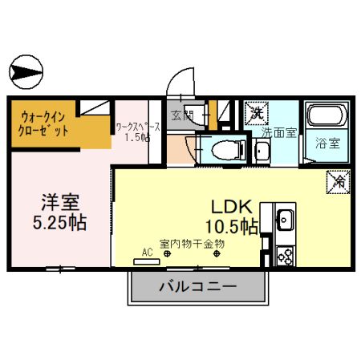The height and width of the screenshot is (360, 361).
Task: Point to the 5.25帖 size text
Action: click(x=61, y=220)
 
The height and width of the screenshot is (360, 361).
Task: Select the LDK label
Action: click(x=232, y=205)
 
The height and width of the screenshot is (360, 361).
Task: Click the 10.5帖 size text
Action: click(x=233, y=226)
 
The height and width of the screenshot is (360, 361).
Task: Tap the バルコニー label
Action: click(x=197, y=286)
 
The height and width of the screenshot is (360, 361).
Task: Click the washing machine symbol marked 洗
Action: click(x=256, y=111)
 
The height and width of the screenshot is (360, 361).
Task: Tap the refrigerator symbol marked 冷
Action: click(x=336, y=181)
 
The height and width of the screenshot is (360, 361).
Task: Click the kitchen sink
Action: click(x=286, y=219)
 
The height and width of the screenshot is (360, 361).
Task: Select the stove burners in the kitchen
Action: click(x=285, y=255)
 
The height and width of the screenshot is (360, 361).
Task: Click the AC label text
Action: click(x=147, y=252)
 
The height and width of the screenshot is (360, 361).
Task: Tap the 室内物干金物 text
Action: click(x=192, y=243)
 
